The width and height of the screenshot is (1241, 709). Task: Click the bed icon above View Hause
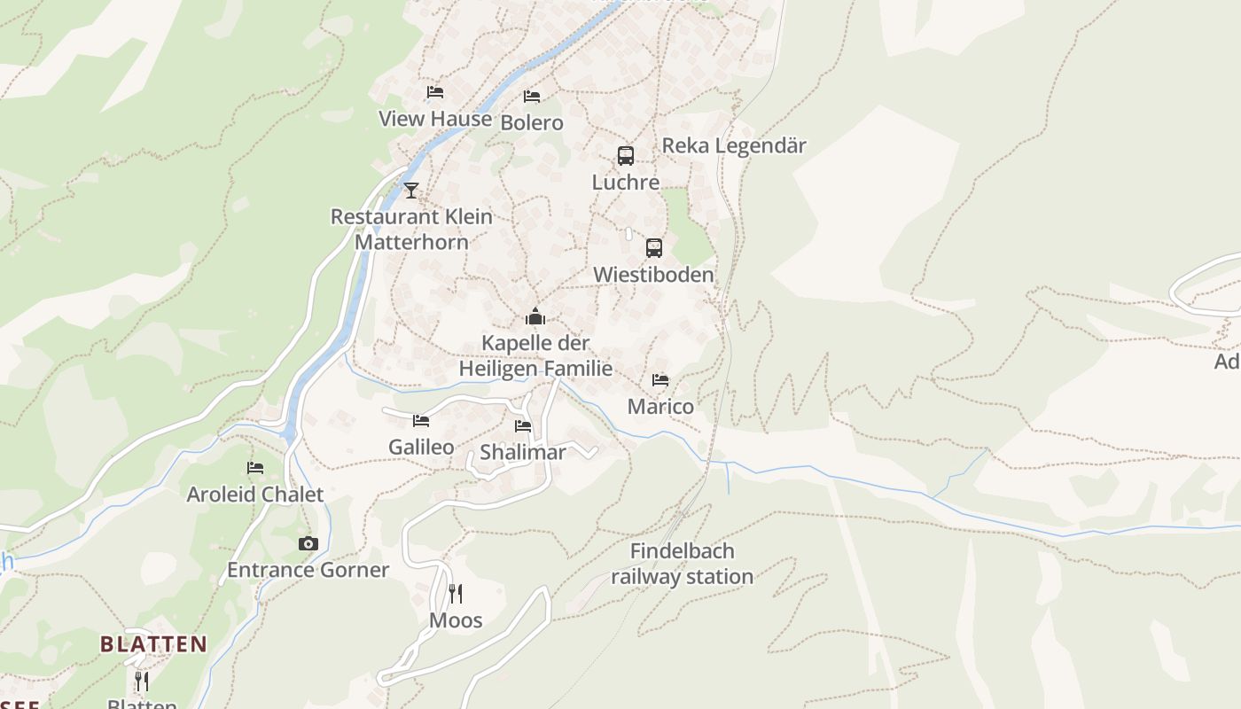(434, 92)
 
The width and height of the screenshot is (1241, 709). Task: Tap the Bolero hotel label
(532, 122)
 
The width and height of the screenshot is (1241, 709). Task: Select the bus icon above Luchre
(626, 156)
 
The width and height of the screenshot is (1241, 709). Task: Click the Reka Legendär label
(734, 145)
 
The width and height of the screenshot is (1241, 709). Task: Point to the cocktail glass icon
(410, 190)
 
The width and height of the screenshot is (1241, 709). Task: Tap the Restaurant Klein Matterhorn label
(411, 229)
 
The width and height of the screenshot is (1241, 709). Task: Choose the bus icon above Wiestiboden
(654, 248)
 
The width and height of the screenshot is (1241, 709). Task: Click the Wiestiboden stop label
(653, 275)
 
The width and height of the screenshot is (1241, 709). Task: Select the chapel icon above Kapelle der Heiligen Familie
(535, 316)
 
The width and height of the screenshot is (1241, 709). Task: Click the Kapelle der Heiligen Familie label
(535, 355)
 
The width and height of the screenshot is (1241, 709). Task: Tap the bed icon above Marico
(660, 380)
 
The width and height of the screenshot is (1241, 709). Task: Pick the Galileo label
(421, 447)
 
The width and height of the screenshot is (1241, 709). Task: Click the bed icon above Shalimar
(523, 426)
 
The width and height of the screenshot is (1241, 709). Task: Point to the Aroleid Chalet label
(255, 494)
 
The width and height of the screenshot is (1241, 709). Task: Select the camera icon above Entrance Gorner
(308, 543)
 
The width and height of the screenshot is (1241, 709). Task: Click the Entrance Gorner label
(308, 570)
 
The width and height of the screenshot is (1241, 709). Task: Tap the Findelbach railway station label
(683, 564)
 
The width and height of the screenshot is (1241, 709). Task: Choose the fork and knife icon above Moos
(456, 594)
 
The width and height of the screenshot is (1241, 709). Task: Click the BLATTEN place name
(153, 644)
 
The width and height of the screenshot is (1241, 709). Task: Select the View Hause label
(435, 119)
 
